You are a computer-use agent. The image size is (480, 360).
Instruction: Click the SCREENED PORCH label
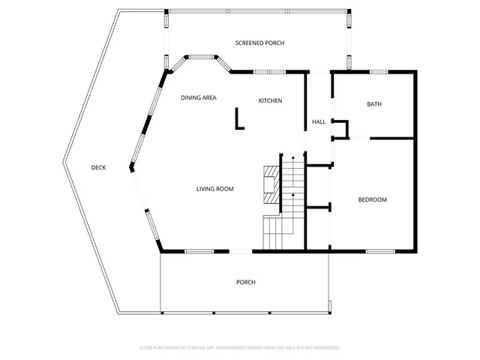259,43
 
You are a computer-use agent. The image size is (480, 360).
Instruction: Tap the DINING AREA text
199,98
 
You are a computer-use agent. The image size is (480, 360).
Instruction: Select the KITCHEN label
270,100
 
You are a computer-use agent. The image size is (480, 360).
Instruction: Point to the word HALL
318,122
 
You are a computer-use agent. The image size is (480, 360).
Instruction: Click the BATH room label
374,104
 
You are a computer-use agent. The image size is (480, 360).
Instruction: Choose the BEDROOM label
372,199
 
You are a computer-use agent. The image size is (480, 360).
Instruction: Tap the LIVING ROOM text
214,189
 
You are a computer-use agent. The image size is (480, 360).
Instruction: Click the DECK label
98,167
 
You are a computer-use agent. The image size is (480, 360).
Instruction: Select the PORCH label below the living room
246,282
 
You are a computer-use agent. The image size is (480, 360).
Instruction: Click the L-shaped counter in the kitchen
239,120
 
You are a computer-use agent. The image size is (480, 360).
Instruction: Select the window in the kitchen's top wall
263,72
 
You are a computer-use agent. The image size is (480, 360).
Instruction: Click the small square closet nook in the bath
341,129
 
